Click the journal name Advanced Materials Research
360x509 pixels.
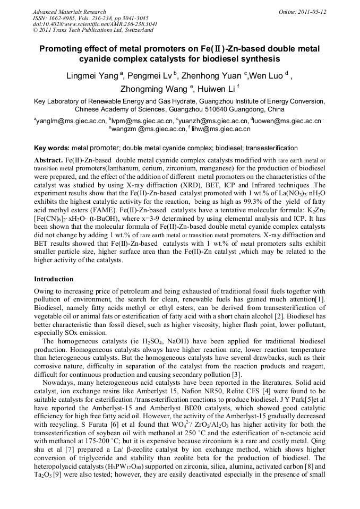[x=69, y=12]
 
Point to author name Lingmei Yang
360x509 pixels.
[x=92, y=76]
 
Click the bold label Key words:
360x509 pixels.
[x=52, y=148]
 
